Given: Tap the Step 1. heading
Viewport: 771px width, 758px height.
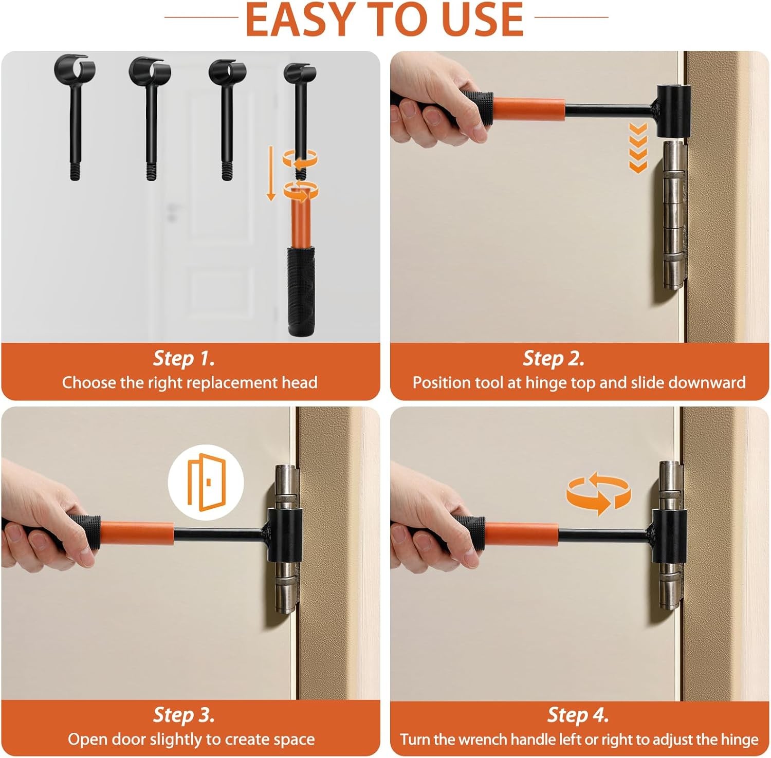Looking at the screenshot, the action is click(x=184, y=358).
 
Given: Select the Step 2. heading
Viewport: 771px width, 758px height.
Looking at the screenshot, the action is click(x=554, y=358).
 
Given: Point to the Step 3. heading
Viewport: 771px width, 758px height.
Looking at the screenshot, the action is click(x=184, y=715).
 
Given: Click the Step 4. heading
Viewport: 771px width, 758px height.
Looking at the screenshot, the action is click(x=578, y=715).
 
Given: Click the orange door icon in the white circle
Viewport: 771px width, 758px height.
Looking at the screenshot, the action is click(x=206, y=483).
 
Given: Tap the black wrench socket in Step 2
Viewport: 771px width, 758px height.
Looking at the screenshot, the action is click(x=673, y=112).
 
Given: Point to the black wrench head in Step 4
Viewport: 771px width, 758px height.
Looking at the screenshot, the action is click(x=668, y=534).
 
